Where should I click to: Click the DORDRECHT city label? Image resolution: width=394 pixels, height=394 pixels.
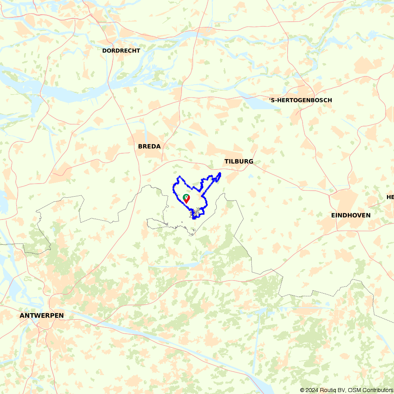click(x=121, y=51)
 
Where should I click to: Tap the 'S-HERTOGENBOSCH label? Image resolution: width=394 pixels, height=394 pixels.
click(x=301, y=100)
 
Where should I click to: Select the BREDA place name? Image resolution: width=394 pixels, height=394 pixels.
click(x=149, y=147)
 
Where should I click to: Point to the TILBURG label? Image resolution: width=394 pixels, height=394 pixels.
click(x=239, y=162)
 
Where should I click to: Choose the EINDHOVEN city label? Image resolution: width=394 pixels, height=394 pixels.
click(x=351, y=215)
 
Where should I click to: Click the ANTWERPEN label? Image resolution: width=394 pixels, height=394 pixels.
click(x=41, y=316)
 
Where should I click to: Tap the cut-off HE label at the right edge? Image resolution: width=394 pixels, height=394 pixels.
click(x=390, y=197)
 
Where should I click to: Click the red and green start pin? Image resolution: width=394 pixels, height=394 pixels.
click(x=186, y=199)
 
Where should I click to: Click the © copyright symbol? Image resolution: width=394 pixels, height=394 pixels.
click(x=302, y=390)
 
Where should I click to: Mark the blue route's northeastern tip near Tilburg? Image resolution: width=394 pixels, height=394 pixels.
click(x=220, y=173)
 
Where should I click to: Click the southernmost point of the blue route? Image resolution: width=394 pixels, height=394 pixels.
click(x=193, y=219)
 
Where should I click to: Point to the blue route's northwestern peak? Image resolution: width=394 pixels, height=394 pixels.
click(x=180, y=177)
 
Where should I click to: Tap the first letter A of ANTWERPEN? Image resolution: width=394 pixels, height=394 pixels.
click(x=22, y=316)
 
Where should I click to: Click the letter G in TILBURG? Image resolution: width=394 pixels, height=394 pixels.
click(x=251, y=162)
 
